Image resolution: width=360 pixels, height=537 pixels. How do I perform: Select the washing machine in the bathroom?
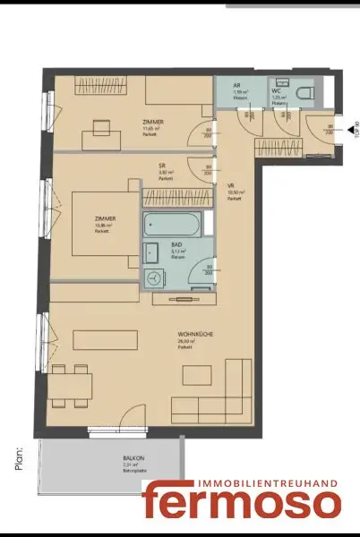[x=155, y=279]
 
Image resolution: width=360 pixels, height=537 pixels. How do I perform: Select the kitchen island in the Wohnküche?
[x=105, y=341]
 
